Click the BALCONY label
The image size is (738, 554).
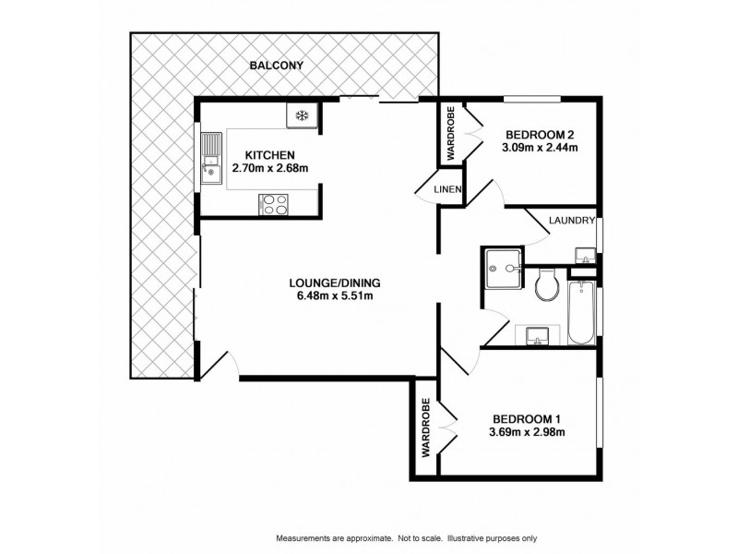pos(277,66)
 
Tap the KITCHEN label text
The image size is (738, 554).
pos(269,155)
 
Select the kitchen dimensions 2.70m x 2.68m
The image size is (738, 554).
pos(269,169)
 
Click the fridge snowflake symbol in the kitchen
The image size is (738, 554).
pos(301,114)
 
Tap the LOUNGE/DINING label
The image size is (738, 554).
pos(334,283)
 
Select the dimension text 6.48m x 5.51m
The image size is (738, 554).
pos(334,296)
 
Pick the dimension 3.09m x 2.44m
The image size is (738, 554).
pos(540,147)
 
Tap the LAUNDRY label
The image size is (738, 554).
pos(571,221)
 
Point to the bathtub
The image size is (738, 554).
pos(581,314)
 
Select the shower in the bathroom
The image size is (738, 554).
pos(503,267)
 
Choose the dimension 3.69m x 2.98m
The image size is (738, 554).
pos(527,431)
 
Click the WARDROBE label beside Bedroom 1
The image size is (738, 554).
pos(426,428)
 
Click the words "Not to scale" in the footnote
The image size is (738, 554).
pos(420,537)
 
